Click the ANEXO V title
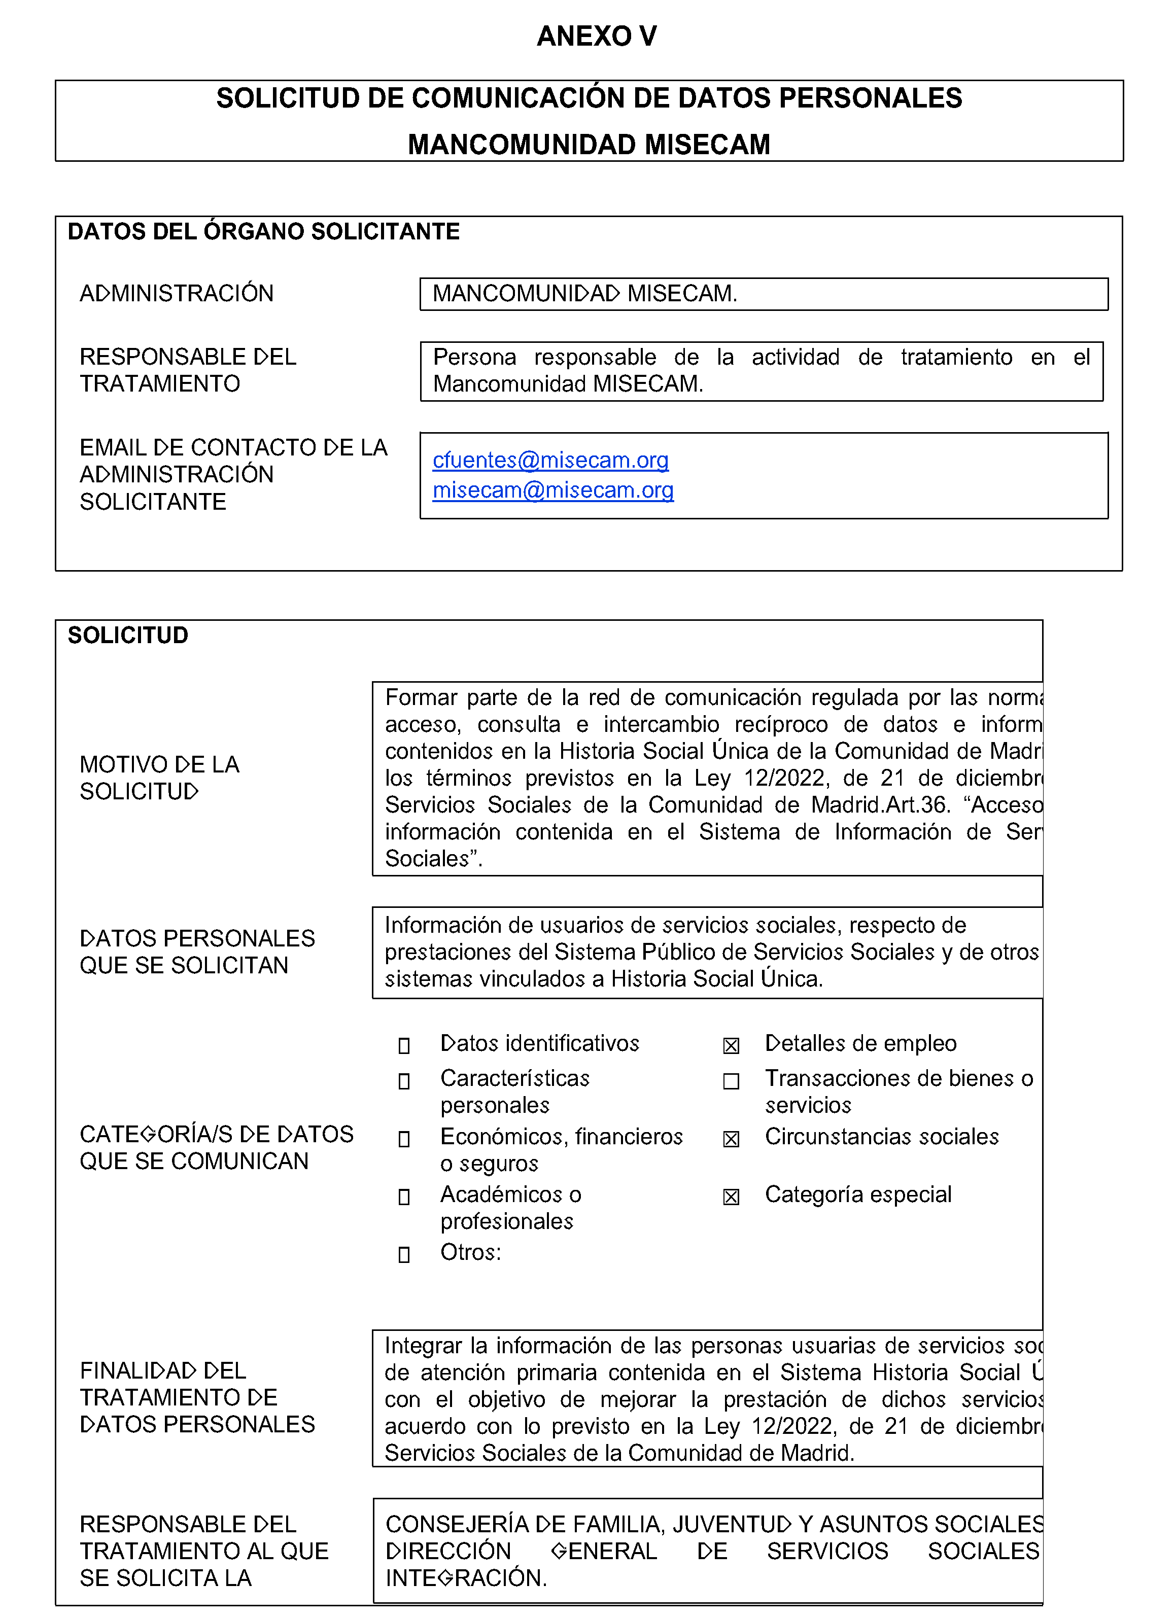[x=596, y=36]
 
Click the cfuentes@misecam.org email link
[x=550, y=461]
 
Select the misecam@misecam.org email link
[x=552, y=490]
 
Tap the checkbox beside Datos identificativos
[x=404, y=1046]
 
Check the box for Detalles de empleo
[x=731, y=1046]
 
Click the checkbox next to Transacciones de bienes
[x=731, y=1081]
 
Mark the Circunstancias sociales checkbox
[x=731, y=1139]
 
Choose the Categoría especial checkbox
[x=731, y=1196]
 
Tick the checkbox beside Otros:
[x=404, y=1254]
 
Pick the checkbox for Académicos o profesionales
[x=404, y=1196]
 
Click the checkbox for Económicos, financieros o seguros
[x=404, y=1139]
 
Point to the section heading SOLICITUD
[x=128, y=636]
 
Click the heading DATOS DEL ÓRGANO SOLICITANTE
[x=263, y=231]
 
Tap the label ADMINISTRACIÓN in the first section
[x=177, y=293]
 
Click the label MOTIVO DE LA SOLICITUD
[x=159, y=778]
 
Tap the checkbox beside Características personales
[x=404, y=1081]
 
